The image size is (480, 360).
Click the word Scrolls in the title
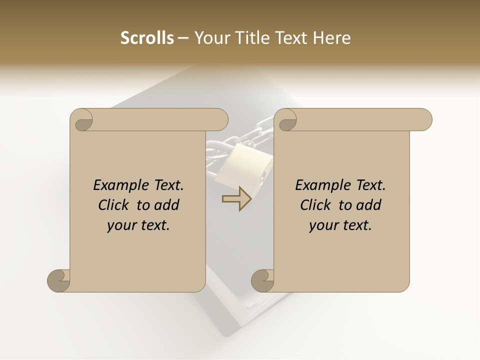pyautogui.click(x=147, y=38)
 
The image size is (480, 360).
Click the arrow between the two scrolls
pyautogui.click(x=236, y=199)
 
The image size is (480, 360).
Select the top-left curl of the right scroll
pyautogui.click(x=286, y=120)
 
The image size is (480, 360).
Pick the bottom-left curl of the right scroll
pyautogui.click(x=263, y=280)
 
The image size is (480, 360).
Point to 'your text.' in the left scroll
pyautogui.click(x=138, y=225)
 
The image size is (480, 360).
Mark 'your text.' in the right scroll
pyautogui.click(x=340, y=225)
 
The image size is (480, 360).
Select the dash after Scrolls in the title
pyautogui.click(x=183, y=38)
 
